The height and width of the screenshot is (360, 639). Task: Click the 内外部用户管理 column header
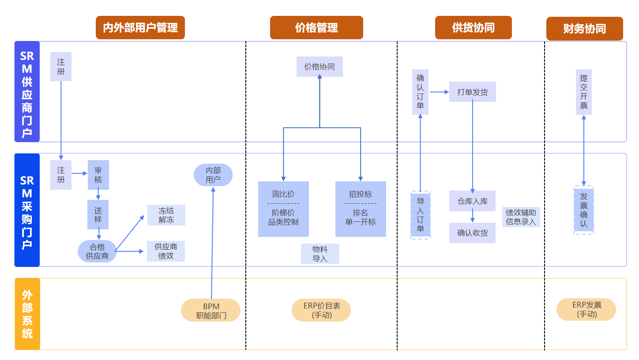tap(140, 28)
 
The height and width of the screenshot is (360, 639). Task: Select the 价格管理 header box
tap(316, 28)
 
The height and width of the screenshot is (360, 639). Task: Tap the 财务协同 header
tap(584, 29)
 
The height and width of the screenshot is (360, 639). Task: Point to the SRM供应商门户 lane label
tap(27, 92)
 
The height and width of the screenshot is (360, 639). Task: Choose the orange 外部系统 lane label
tap(27, 314)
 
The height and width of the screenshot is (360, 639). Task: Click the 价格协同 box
tap(319, 67)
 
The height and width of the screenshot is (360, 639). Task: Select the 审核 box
tap(98, 175)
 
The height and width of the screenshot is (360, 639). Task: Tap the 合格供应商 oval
tap(97, 251)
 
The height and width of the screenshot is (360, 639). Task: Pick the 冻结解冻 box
tap(166, 215)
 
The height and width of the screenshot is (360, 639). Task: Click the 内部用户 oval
tap(213, 175)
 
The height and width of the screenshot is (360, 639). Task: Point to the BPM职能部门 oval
tap(210, 310)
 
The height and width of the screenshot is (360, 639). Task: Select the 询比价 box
tap(283, 209)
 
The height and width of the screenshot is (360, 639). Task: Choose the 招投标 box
tap(361, 209)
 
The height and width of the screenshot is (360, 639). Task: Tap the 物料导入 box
tap(320, 254)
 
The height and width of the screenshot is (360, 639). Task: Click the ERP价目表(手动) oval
tap(321, 310)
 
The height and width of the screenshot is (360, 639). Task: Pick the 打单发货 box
tap(472, 92)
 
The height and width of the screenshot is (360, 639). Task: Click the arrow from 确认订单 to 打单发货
tap(439, 92)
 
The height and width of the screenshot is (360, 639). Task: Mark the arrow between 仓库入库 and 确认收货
tap(473, 217)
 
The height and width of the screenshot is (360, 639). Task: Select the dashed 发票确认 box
tap(584, 210)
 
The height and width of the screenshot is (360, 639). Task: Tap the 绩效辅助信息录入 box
tap(521, 217)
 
